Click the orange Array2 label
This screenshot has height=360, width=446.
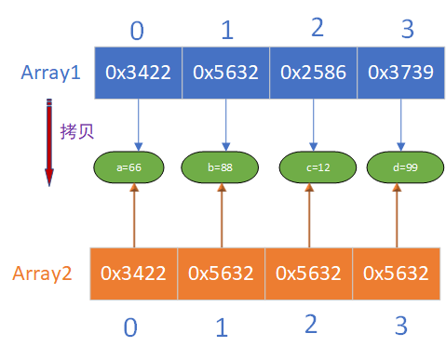43,274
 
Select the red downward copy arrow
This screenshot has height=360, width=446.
48,144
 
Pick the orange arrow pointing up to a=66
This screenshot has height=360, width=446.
135,216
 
